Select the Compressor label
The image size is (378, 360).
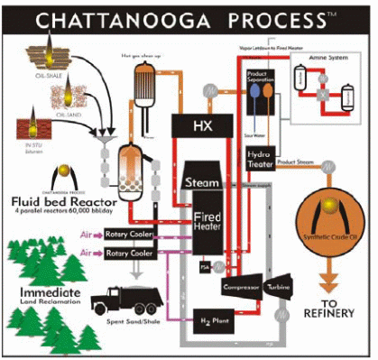(x=242, y=287)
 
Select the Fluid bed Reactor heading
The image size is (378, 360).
(x=62, y=200)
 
